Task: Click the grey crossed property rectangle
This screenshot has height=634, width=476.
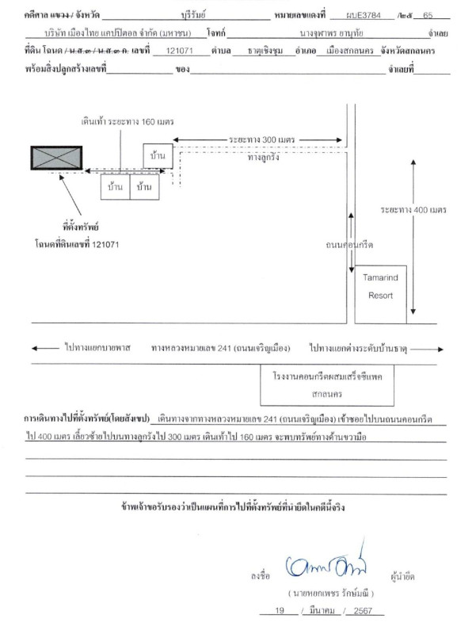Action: pyautogui.click(x=56, y=158)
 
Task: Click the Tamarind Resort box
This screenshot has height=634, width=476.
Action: pyautogui.click(x=381, y=294)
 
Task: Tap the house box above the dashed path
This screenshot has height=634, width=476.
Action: pyautogui.click(x=158, y=155)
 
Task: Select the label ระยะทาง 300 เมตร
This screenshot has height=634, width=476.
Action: pyautogui.click(x=262, y=140)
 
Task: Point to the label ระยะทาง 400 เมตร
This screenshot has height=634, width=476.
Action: pyautogui.click(x=413, y=210)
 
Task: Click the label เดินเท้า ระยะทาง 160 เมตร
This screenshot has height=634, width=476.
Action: pyautogui.click(x=128, y=121)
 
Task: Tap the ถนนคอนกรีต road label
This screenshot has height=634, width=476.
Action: pyautogui.click(x=349, y=245)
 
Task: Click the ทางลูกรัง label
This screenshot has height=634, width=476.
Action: pyautogui.click(x=264, y=157)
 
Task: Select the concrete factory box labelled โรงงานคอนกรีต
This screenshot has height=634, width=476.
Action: pyautogui.click(x=327, y=385)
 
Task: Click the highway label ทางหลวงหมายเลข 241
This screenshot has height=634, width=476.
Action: pyautogui.click(x=221, y=348)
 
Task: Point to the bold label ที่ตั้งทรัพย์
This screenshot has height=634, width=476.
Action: pyautogui.click(x=81, y=227)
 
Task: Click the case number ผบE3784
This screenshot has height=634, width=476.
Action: pyautogui.click(x=364, y=15)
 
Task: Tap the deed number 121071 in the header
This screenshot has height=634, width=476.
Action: pyautogui.click(x=180, y=51)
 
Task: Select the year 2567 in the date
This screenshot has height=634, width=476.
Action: pyautogui.click(x=363, y=610)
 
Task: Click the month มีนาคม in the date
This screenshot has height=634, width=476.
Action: pyautogui.click(x=322, y=610)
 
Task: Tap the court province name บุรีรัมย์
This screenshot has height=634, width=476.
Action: pyautogui.click(x=193, y=15)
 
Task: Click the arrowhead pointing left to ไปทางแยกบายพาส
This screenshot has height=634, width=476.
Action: pyautogui.click(x=35, y=348)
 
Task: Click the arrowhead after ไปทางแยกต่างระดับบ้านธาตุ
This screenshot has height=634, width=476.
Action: pyautogui.click(x=440, y=349)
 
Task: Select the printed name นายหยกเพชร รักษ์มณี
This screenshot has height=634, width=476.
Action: pyautogui.click(x=331, y=593)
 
